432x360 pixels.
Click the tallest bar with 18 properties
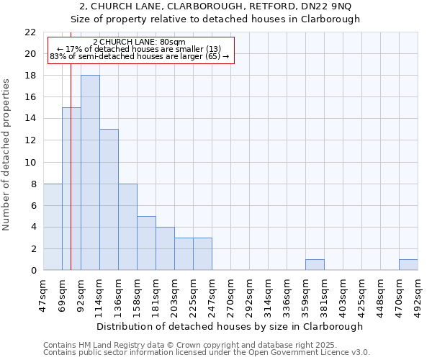[90, 173]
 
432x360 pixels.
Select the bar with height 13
[109, 199]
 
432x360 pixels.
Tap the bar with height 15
[71, 189]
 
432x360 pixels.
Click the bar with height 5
[146, 243]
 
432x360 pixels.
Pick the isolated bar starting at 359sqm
[315, 265]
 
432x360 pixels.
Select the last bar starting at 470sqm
[408, 265]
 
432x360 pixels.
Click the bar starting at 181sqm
[165, 248]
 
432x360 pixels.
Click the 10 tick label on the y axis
[30, 163]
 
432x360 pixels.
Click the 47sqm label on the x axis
[43, 294]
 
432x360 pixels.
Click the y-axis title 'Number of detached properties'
[7, 155]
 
